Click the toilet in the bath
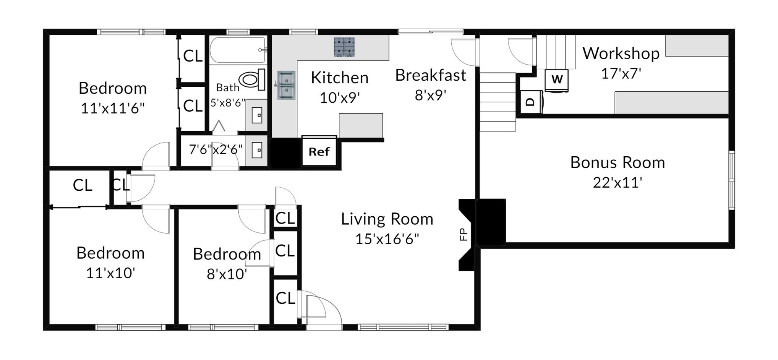252,79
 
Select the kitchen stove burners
344,47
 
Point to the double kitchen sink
286,85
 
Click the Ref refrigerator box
319,151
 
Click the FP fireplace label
463,234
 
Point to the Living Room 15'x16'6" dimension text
387,239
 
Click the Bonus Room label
618,162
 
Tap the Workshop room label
621,54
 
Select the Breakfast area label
431,75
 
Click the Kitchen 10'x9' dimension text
340,98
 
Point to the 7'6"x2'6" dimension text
216,149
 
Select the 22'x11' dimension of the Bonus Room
618,183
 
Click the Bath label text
228,88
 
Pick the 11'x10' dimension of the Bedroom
110,273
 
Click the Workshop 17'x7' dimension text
621,73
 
